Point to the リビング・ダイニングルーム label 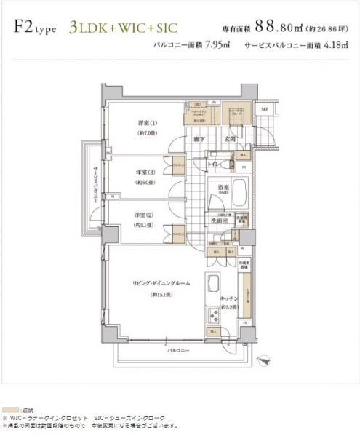155,285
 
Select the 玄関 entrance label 228,138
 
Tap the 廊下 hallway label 198,138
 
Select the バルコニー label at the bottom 174,349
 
